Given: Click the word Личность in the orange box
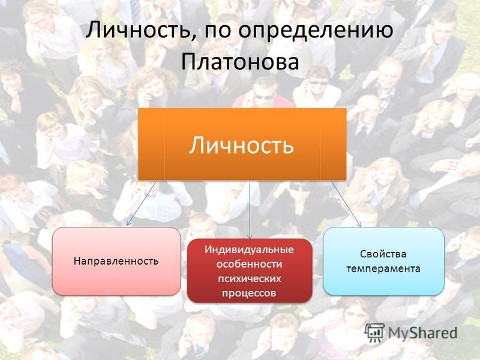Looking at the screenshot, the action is tap(241, 145).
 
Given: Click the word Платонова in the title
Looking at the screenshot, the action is tap(239, 62).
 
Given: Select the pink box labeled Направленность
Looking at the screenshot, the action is tap(116, 261).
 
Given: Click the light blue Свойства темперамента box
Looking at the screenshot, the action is tap(383, 261).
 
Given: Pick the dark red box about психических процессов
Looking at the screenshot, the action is tap(250, 271).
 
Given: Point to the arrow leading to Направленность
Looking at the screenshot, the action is tap(142, 203).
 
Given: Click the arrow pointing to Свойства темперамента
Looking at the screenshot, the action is tap(346, 203).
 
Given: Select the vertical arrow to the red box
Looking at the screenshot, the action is tap(250, 210).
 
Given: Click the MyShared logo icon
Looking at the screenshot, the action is tap(374, 332).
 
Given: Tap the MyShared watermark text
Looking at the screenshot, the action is tap(422, 333).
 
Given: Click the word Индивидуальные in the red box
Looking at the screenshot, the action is tap(249, 249).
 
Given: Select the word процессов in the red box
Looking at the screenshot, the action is tap(249, 293).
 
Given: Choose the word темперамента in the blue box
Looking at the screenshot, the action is tap(383, 268).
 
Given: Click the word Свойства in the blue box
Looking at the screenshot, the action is tap(383, 254).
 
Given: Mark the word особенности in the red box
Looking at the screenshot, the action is tap(249, 263).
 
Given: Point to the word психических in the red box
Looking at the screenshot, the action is tap(249, 278).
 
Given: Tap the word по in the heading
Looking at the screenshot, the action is tap(215, 32).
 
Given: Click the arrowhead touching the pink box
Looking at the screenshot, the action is tap(128, 223).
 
